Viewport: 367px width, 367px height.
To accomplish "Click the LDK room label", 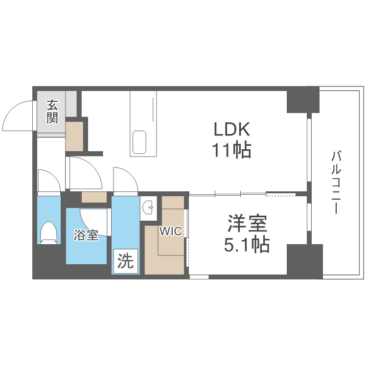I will pos(231,130).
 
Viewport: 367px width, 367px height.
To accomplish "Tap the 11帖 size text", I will pos(231,150).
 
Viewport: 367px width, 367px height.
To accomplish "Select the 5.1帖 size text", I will pos(247,244).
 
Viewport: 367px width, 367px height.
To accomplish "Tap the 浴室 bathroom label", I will pos(86,235).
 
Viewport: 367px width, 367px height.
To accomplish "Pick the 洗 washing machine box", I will pos(126,261).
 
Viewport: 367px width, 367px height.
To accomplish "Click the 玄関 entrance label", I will pos(52,112).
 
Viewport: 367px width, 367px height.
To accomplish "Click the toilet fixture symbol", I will pos(49,232).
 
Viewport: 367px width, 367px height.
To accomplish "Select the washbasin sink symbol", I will pos(148,209).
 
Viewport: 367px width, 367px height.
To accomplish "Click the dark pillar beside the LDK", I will pos(302,100).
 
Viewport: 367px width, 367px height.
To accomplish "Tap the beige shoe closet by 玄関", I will pos(75,136).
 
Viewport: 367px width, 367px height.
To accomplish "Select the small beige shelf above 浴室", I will pos(94,197).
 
